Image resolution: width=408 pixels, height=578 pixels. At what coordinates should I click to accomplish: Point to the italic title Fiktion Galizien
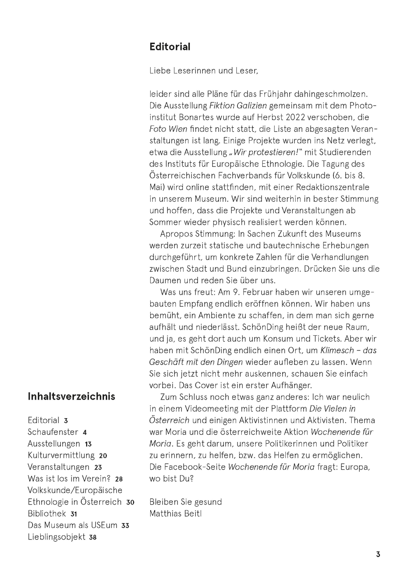238,106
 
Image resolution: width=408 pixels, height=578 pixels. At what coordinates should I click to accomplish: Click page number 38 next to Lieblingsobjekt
93,537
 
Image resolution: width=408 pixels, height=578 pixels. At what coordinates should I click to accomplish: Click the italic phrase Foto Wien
168,129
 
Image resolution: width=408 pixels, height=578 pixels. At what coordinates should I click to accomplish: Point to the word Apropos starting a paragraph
176,234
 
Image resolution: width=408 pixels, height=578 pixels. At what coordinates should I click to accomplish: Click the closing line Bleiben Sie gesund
185,502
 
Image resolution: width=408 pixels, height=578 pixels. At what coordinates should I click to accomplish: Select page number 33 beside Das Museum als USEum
125,526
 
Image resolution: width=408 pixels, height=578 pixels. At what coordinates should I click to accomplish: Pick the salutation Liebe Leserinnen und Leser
204,71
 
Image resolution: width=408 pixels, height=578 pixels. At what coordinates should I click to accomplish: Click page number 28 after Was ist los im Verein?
119,479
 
